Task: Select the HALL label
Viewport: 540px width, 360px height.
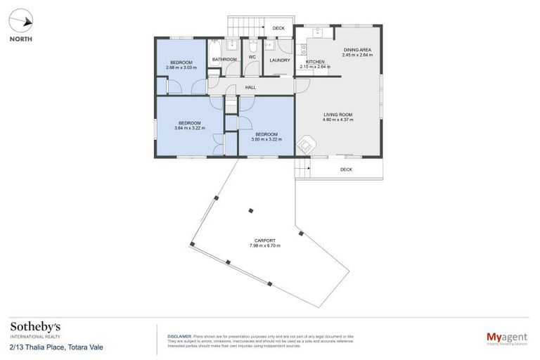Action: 250,87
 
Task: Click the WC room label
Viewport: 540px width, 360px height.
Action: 251,56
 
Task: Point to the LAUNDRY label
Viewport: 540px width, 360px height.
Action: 279,60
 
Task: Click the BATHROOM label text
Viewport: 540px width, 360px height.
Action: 224,60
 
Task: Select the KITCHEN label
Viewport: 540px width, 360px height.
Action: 314,62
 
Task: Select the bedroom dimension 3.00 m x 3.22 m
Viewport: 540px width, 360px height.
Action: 268,139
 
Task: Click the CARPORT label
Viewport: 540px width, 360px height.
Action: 265,240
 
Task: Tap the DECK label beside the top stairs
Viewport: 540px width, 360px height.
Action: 278,28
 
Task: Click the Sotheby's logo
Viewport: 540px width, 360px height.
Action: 34,328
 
